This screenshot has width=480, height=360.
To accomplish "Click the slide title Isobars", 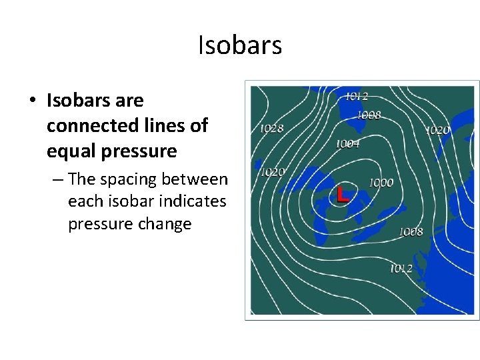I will click(240, 45).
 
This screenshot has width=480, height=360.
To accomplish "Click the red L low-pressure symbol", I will click(343, 195).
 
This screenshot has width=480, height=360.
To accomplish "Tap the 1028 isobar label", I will click(271, 129).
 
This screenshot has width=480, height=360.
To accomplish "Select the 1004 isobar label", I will click(347, 143).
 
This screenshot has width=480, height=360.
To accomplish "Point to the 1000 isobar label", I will click(381, 183).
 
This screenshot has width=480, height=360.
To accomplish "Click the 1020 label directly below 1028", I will click(272, 172).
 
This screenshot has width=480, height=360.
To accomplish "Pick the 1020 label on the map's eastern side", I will click(437, 130).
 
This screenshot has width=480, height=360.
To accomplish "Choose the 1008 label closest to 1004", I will click(369, 115).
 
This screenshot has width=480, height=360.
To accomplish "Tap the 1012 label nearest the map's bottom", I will click(401, 268).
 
